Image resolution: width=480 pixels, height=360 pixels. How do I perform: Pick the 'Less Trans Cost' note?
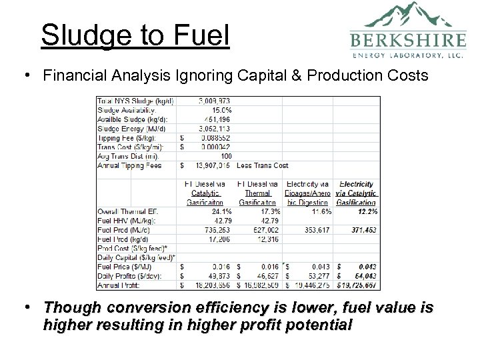[263, 166]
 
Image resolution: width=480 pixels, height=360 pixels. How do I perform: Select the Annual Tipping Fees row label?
[129, 166]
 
